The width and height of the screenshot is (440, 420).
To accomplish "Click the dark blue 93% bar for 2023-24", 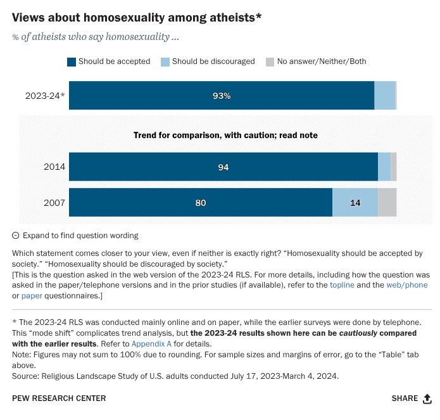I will [x=222, y=96].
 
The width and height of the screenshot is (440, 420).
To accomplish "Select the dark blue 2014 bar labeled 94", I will [x=223, y=167].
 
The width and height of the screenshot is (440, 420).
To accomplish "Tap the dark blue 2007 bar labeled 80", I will [x=201, y=203].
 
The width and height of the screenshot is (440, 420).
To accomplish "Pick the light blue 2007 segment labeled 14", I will [x=355, y=203].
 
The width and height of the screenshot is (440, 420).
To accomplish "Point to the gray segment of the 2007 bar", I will [x=387, y=203].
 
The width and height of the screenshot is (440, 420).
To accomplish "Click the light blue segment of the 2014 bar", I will [x=384, y=167].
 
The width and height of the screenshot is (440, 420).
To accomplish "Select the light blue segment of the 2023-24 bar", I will [x=385, y=96].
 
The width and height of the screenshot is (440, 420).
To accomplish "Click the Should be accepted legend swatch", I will [x=72, y=62].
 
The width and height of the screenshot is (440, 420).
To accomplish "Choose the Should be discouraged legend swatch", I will [x=166, y=62].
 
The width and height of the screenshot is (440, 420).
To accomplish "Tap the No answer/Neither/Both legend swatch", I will [x=270, y=62].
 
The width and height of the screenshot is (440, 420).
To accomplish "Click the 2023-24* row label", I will [x=45, y=96].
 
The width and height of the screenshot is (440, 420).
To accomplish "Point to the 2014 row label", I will [x=54, y=167].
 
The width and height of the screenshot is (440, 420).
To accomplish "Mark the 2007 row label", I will [x=54, y=203].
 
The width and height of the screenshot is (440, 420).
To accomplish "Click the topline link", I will [x=342, y=286].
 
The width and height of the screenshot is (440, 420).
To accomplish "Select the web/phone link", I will [x=406, y=286].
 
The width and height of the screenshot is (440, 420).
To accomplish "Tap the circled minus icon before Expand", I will [x=16, y=236].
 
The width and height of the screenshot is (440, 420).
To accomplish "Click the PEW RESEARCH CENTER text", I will [x=59, y=398].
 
